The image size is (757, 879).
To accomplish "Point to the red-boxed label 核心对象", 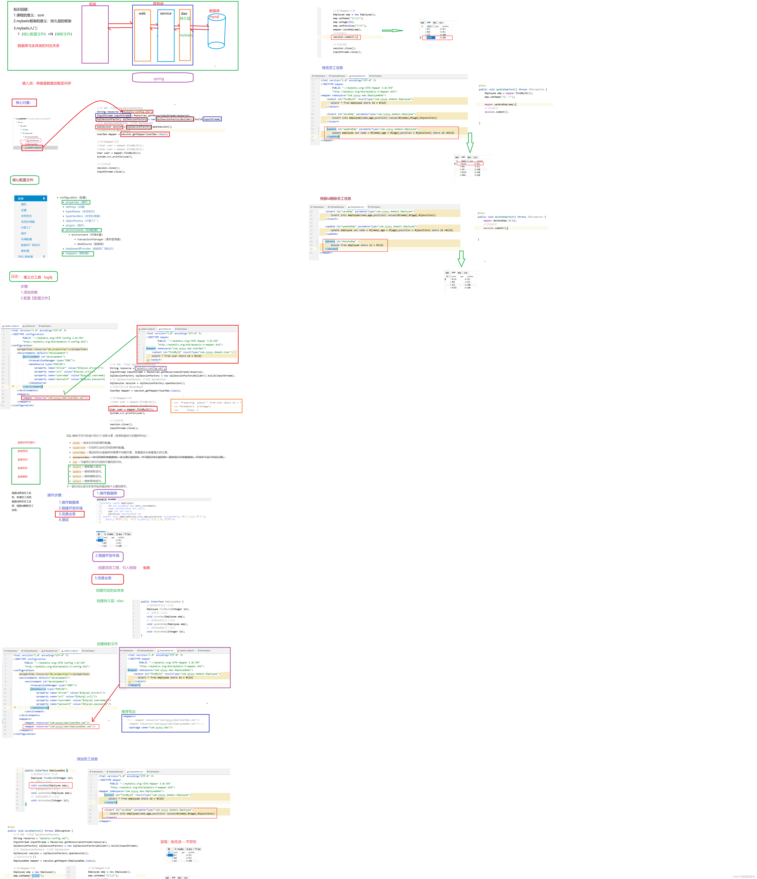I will click(24, 103).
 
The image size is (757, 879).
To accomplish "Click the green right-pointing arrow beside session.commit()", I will click(392, 31).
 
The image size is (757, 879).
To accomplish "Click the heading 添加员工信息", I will click(87, 759).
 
